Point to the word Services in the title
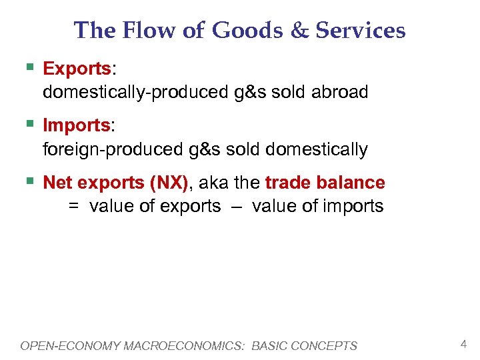pos(360,30)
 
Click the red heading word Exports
pos(76,69)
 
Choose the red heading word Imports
pos(76,125)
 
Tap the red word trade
pos(289,183)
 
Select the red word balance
pos(351,183)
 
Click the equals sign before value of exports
pos(73,207)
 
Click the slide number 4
pos(463,345)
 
